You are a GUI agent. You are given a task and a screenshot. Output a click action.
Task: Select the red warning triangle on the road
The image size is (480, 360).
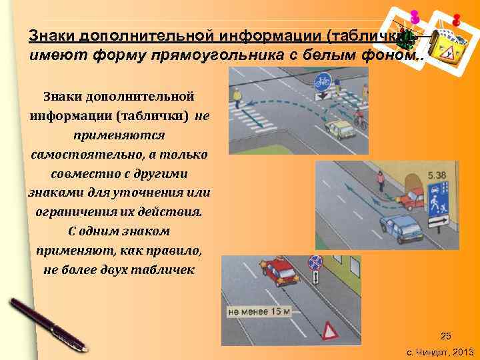coord(330,331)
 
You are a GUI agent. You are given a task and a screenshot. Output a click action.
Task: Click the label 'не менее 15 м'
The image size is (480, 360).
coord(259,311)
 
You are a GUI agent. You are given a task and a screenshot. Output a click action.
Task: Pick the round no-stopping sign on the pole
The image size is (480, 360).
coord(315,263)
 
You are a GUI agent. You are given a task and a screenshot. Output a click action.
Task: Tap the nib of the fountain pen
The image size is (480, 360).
coord(83,347)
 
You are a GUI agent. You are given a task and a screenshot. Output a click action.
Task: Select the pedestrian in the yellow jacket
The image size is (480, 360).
coord(237,97)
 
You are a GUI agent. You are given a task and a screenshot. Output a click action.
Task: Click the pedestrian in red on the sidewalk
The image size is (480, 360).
coord(380,180)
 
